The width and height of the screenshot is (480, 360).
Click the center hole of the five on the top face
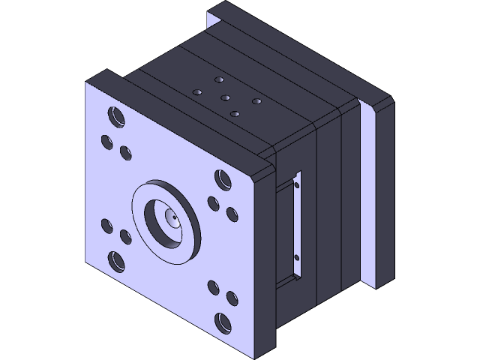tap(225, 97)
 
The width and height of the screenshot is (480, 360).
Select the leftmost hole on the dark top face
tap(197, 91)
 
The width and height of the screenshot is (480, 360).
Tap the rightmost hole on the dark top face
tap(256, 100)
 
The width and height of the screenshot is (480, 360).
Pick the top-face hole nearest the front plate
tap(235, 113)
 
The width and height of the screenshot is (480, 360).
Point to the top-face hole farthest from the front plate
tap(219, 79)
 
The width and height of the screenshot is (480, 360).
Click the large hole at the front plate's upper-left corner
tap(116, 116)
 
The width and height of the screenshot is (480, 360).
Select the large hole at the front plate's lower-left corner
tap(116, 261)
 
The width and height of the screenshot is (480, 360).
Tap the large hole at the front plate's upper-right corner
tap(223, 180)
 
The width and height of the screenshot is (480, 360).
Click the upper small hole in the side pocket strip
tap(297, 184)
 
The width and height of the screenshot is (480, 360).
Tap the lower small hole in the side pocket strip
tap(297, 257)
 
